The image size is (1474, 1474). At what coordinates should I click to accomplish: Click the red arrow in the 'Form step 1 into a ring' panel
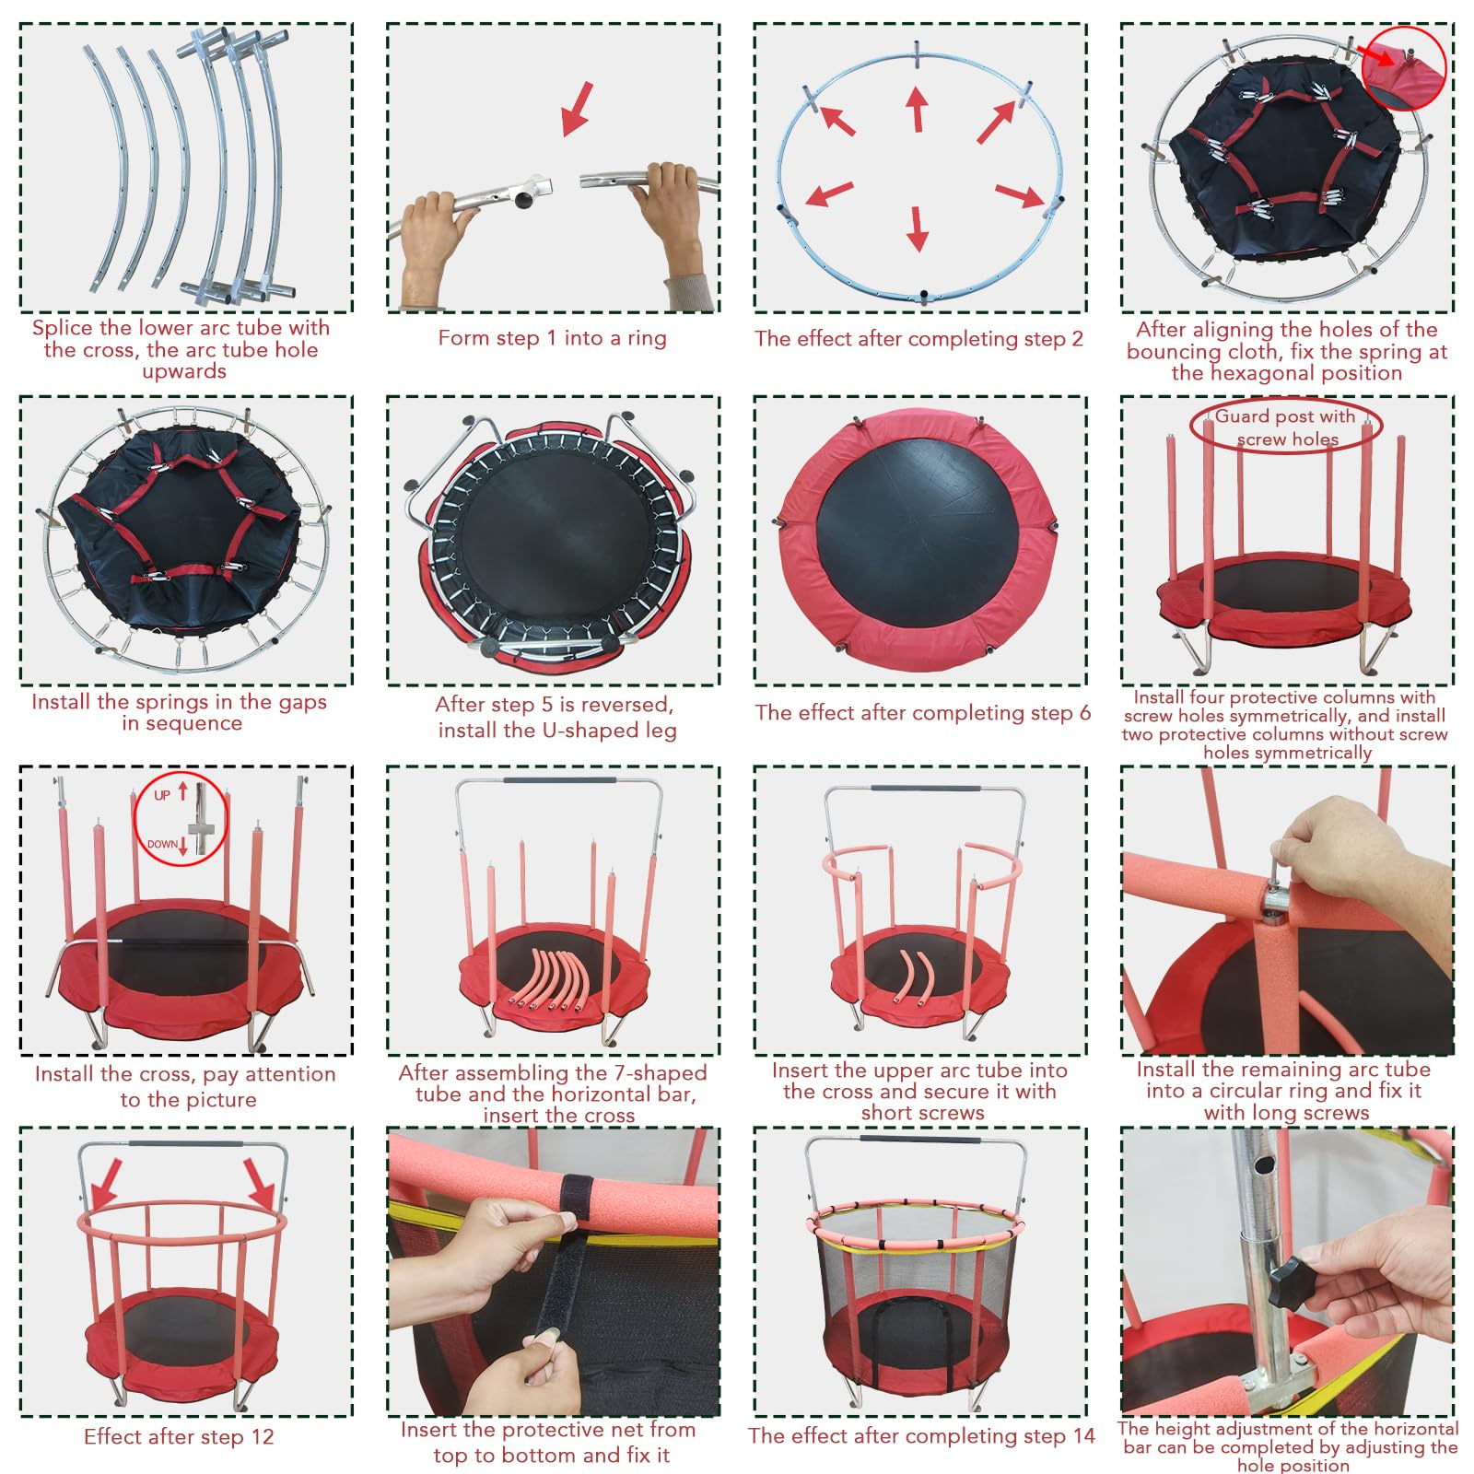coord(577,109)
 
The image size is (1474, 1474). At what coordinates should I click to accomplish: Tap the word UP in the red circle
coord(162,795)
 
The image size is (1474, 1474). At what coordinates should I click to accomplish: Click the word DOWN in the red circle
coord(162,844)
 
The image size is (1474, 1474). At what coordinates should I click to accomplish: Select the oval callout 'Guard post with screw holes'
coord(1286,427)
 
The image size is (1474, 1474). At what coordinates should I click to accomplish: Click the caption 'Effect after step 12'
coord(179,1437)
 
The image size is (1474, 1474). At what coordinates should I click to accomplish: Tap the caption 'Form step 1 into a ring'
coord(552,338)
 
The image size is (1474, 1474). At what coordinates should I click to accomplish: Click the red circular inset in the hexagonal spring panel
coord(1404,68)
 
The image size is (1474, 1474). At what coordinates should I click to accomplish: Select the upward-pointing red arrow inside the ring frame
coord(916,109)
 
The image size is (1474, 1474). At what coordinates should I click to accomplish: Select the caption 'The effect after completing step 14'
coord(921,1436)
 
